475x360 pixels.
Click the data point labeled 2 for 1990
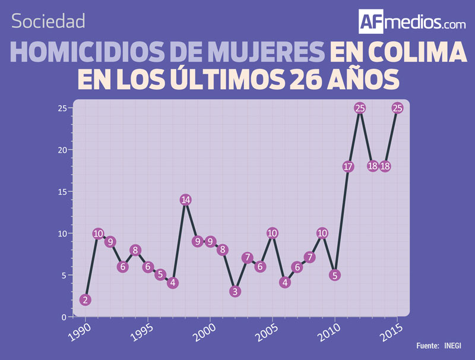85,300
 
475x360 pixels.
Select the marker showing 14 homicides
185,200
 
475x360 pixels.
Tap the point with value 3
235,292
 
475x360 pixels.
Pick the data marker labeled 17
348,166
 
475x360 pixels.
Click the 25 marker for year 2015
397,108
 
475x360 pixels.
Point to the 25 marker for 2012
360,108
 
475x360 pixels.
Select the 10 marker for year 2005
273,233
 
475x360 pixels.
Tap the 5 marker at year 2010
335,275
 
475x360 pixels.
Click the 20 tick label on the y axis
61,150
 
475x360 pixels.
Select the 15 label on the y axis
61,191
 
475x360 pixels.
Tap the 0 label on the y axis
64,317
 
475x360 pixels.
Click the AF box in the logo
372,21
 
